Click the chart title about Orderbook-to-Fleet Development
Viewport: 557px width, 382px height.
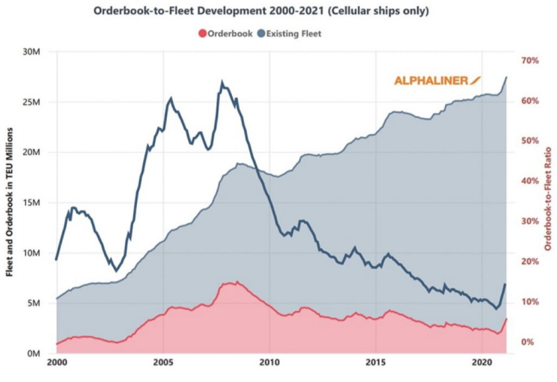[278, 12]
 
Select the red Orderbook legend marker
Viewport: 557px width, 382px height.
[201, 33]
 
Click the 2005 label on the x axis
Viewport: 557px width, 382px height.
[163, 363]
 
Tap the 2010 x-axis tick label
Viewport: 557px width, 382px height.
[269, 363]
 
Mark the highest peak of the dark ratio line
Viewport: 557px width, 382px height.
[222, 82]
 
